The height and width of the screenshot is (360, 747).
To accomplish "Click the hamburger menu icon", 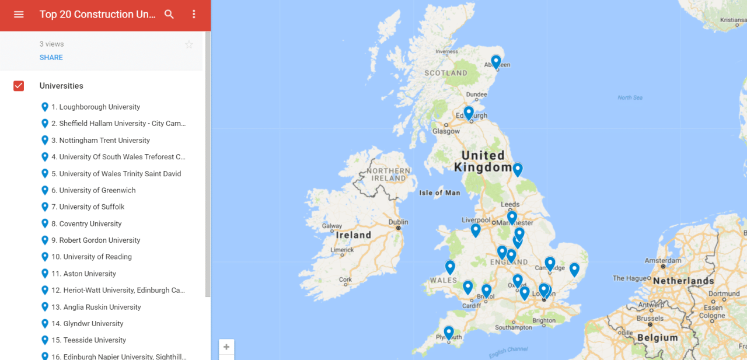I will pos(19,15).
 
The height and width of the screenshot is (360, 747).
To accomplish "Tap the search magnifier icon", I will pos(169,15).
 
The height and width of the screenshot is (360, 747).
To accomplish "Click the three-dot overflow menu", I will pos(194,15).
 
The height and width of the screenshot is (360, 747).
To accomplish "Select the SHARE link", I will pos(51,57).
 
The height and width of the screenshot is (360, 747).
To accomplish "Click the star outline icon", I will pos(189,44).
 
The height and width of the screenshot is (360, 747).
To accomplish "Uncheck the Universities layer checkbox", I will pos(19,86).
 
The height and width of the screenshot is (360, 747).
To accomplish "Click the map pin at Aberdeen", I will pos(496,61).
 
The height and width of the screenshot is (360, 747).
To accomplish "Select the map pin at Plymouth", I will pos(449,332).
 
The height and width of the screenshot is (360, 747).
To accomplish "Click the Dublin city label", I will pos(399,222).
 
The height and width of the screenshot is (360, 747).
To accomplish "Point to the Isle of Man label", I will pos(439,193).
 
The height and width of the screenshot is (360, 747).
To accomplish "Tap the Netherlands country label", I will pos(683,281).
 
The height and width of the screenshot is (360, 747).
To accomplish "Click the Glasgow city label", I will pos(446,131).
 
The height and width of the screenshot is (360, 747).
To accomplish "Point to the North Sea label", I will pos(630,97).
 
